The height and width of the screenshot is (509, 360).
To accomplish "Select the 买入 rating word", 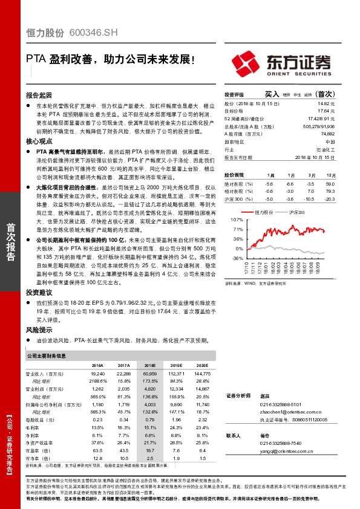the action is pyautogui.click(x=272, y=94).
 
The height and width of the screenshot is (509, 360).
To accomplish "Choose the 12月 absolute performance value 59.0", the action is pyautogui.click(x=330, y=183).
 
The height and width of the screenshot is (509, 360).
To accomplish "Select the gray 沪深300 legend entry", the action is pyautogui.click(x=297, y=212).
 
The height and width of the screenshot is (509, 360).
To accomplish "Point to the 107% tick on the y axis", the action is pyautogui.click(x=237, y=221).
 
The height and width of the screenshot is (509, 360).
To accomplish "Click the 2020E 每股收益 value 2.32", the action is pyautogui.click(x=202, y=419).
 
